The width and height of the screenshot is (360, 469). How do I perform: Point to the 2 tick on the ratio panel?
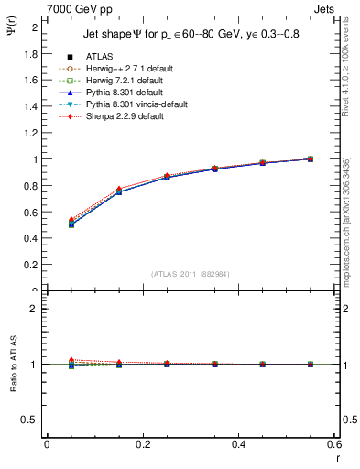34,310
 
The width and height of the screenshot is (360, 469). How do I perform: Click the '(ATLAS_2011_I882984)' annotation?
190,273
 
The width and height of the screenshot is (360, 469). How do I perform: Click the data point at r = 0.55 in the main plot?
310,158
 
